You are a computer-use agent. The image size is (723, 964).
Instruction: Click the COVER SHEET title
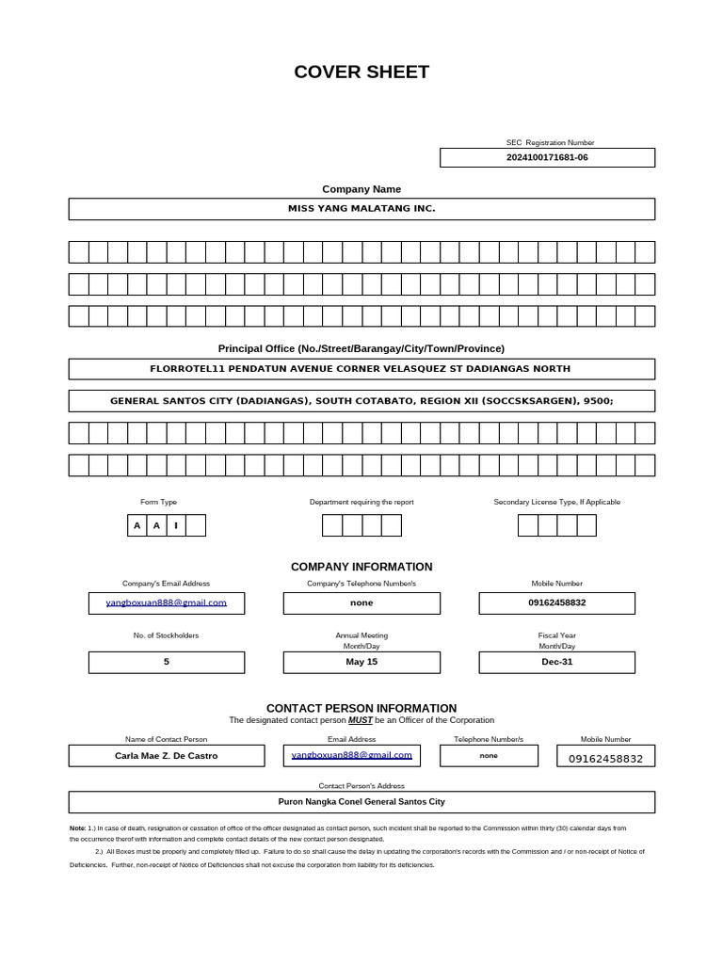[361, 72]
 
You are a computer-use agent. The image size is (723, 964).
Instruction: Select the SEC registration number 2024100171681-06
[547, 157]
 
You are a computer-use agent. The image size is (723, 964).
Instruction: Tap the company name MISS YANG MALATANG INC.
[361, 208]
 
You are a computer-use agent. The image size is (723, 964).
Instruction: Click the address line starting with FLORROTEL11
[361, 368]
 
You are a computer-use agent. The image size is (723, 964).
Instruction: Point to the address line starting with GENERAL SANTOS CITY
[361, 400]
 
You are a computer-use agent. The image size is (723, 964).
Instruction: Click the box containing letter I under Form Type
[176, 525]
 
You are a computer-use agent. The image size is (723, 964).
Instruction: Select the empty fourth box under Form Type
[196, 525]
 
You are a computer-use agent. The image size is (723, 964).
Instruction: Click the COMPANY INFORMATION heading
[361, 567]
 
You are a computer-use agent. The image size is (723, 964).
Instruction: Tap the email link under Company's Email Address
[166, 602]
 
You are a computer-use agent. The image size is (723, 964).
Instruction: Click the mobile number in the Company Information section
[556, 602]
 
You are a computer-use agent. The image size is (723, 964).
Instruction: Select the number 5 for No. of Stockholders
[166, 662]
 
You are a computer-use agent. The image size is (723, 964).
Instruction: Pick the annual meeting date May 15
[361, 662]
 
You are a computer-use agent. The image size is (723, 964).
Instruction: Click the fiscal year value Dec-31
[556, 662]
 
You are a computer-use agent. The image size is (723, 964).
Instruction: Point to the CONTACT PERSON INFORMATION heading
[361, 708]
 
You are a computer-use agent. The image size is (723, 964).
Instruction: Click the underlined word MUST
[360, 720]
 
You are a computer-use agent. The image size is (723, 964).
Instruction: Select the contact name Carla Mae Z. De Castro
[166, 756]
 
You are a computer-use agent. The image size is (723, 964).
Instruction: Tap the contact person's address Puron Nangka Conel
[361, 802]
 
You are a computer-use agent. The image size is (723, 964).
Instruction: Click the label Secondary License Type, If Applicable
[556, 502]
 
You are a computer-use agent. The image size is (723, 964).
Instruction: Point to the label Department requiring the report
[361, 502]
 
